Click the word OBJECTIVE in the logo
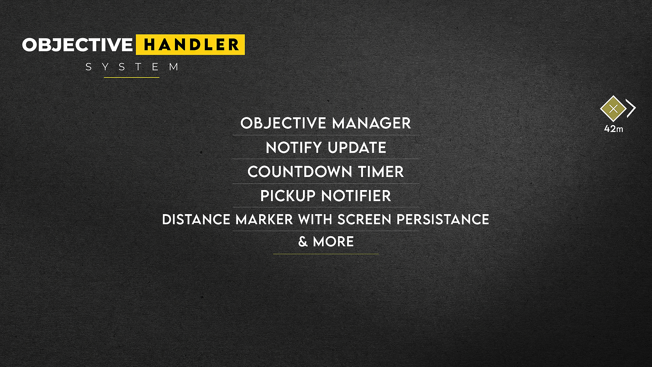77,45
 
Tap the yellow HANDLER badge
191,45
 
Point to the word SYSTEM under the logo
132,67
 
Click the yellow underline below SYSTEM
131,77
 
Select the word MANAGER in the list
372,123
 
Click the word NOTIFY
294,148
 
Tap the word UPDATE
357,148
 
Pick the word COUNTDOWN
300,172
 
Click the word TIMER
381,172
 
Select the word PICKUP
288,196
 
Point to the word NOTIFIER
356,196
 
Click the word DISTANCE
196,220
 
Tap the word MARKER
264,220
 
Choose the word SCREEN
364,220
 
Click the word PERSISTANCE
443,220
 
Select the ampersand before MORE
303,242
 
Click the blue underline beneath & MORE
326,254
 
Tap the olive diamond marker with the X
613,109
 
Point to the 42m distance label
614,129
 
